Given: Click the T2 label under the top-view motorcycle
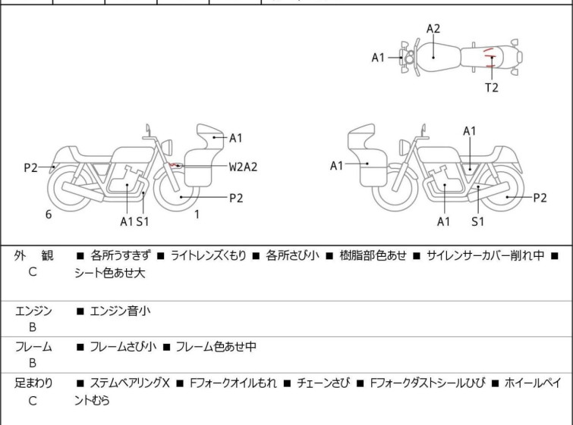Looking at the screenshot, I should (x=492, y=87).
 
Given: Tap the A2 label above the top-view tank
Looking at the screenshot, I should (x=433, y=29).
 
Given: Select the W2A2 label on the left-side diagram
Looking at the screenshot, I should (x=243, y=167).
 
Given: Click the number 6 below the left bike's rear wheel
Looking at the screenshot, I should (x=49, y=214).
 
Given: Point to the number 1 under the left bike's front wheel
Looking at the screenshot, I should (x=197, y=214).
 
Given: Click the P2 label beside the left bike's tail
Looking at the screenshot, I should (x=30, y=167).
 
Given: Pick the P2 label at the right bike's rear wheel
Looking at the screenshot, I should (x=540, y=198).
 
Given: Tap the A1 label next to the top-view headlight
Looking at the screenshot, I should (x=379, y=57).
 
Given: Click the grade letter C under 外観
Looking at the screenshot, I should (x=33, y=272).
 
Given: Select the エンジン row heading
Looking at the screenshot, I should (x=33, y=311).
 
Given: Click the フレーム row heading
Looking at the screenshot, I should (x=33, y=347).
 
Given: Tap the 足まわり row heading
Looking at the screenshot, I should (x=33, y=383).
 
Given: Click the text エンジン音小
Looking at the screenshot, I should (x=120, y=311).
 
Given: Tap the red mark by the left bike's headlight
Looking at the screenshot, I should (x=175, y=164).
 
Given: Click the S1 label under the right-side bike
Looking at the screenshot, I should (x=477, y=221).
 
